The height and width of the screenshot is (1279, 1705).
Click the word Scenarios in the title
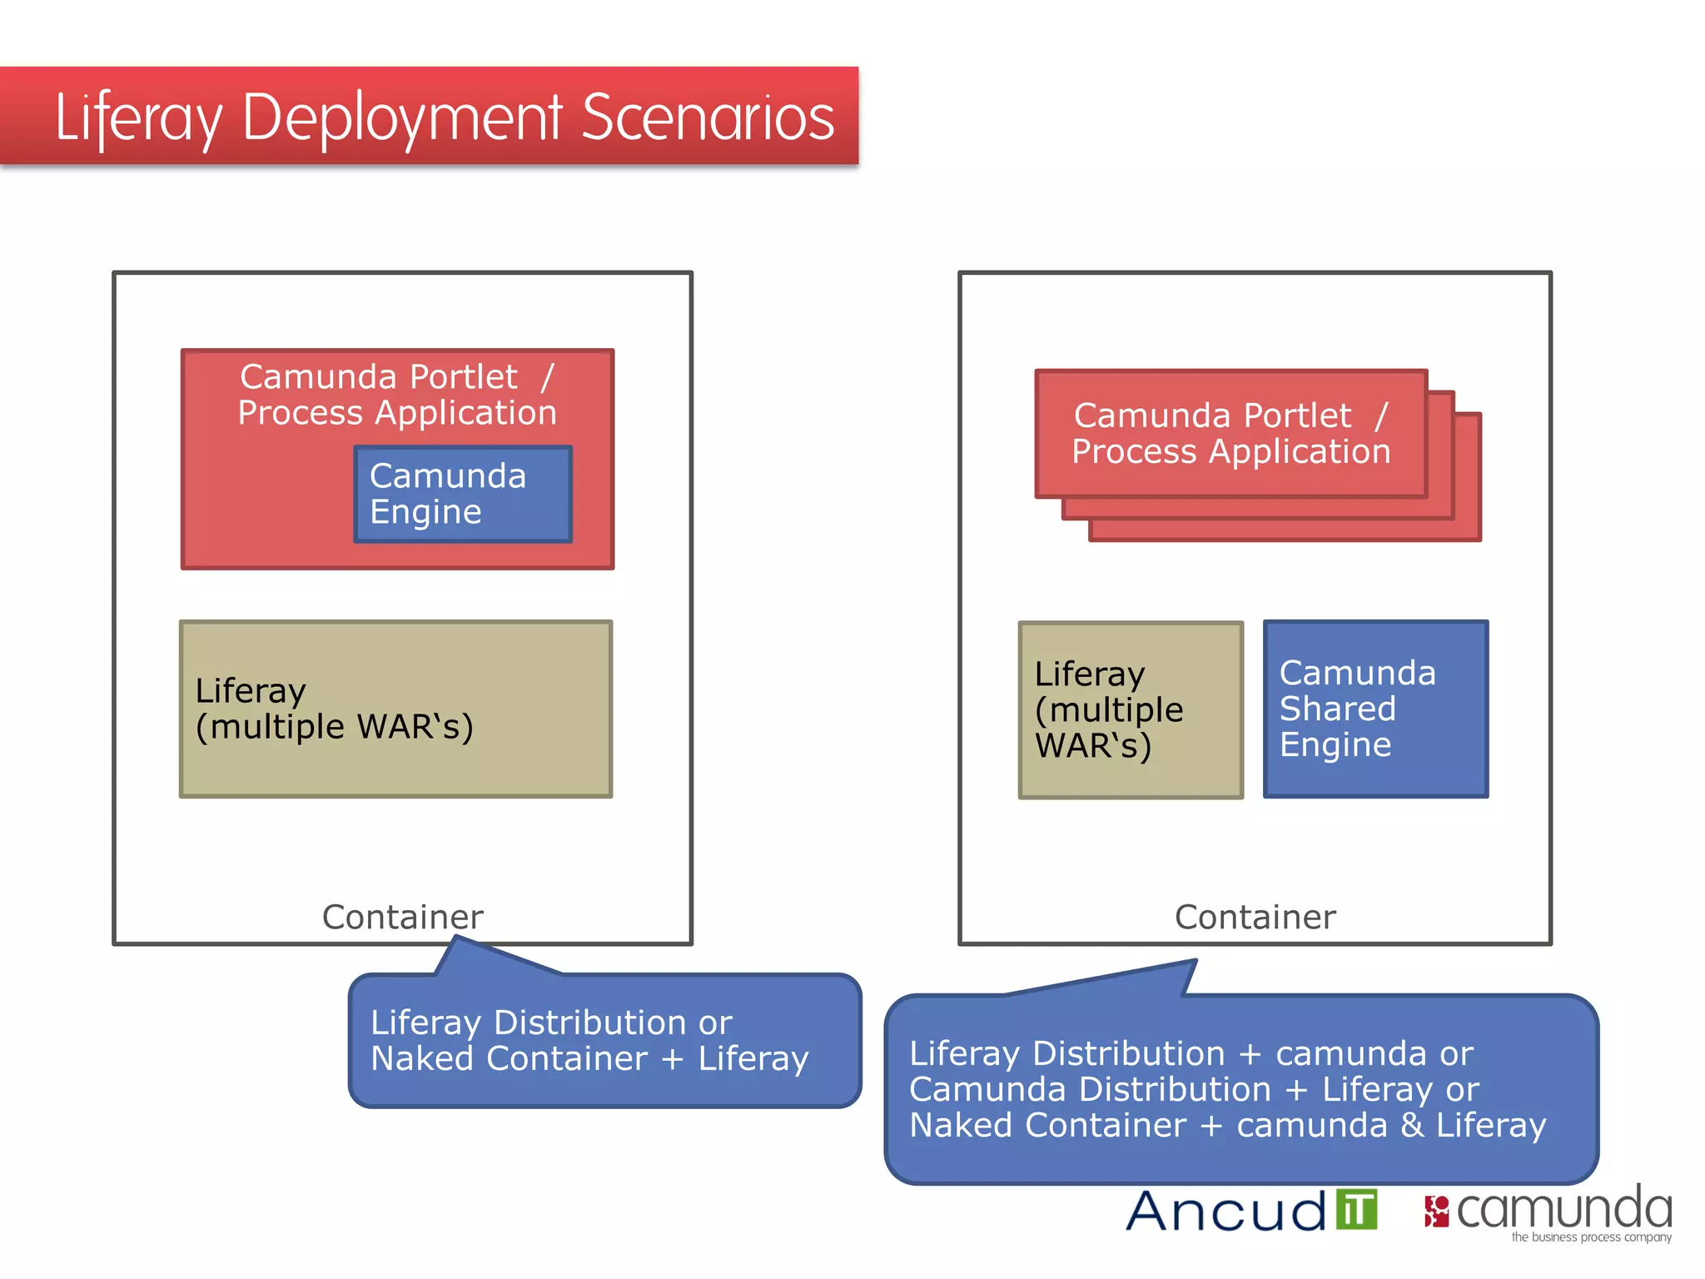(708, 118)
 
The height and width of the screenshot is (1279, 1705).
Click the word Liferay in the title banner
(139, 118)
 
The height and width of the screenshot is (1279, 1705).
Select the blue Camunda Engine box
(463, 494)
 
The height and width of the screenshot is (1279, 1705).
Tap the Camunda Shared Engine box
(1375, 709)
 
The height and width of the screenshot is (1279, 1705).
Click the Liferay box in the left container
(396, 709)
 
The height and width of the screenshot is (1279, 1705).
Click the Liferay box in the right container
(1131, 709)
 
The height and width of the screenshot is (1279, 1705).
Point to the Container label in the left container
(402, 917)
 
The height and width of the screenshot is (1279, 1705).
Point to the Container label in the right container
(1255, 917)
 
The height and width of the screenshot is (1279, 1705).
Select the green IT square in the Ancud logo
(1357, 1209)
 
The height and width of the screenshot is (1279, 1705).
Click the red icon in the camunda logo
(1436, 1212)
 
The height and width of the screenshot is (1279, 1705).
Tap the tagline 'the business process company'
(1591, 1237)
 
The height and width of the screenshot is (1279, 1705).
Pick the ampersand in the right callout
(1412, 1126)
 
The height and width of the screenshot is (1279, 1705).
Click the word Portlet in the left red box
(464, 377)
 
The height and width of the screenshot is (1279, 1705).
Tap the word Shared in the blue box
(1337, 709)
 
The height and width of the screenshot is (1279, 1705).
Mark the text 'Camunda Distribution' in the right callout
(1090, 1089)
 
